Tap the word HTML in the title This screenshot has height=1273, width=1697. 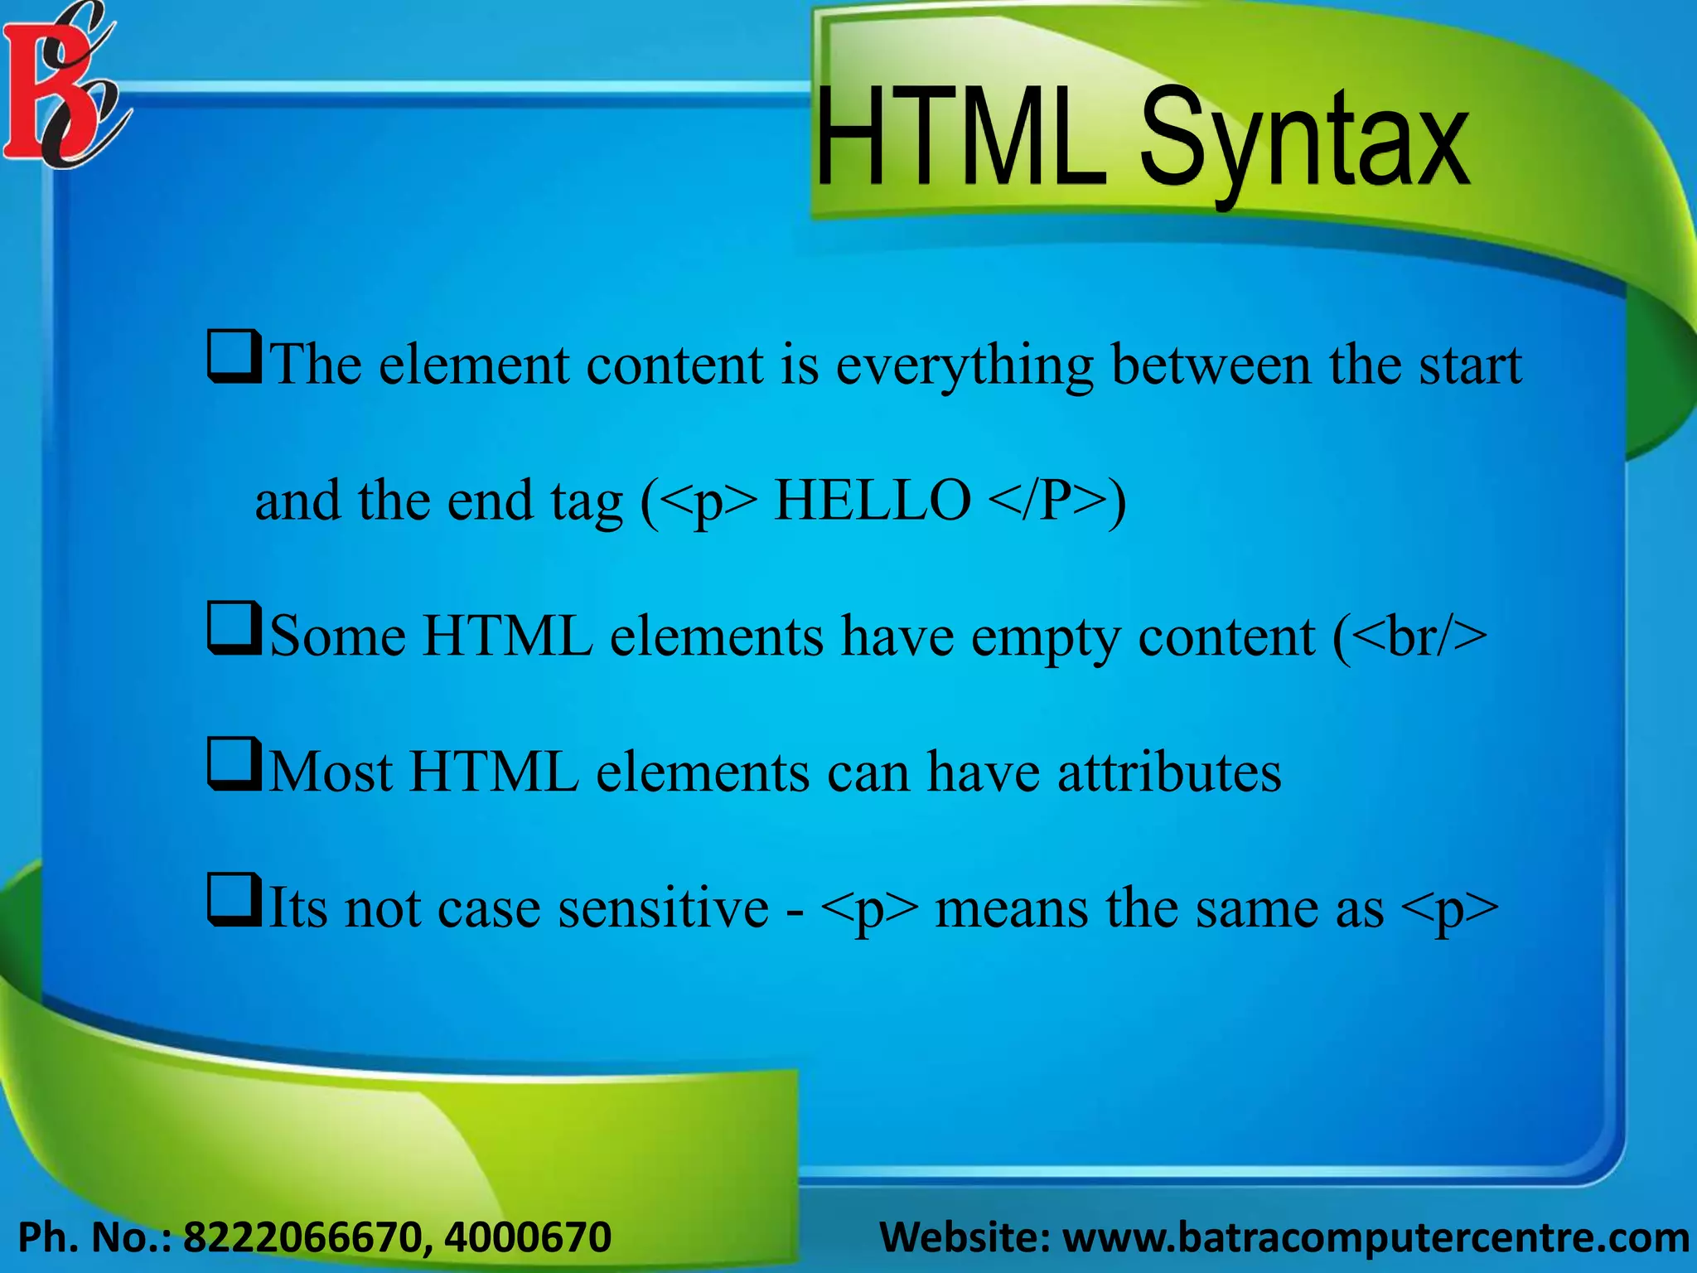coord(960,137)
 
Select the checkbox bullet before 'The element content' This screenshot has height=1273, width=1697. coord(234,357)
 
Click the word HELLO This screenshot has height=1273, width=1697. coord(872,501)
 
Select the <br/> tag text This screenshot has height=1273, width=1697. coord(1422,636)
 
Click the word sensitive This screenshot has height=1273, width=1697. coord(663,908)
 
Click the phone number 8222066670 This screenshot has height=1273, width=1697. coord(303,1237)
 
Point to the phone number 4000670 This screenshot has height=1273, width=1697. coord(528,1237)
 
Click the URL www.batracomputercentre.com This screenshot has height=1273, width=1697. coord(1376,1237)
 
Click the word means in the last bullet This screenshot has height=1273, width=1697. coord(1011,908)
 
